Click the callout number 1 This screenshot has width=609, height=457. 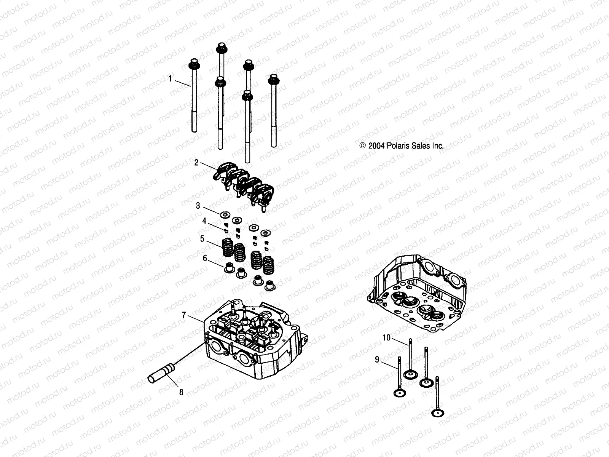coord(171,79)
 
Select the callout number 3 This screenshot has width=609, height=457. coord(198,206)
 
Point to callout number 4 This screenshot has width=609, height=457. coord(204,221)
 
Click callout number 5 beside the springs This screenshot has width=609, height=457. coord(202,239)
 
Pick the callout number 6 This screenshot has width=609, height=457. coord(205,258)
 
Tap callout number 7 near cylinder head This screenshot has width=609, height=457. coord(183,315)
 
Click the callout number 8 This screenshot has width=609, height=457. coord(181,392)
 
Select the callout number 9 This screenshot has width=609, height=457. coord(377,360)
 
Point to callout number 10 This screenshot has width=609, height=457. coord(386,337)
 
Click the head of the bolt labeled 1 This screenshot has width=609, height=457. coord(193,64)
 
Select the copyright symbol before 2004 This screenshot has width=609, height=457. coord(362,145)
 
